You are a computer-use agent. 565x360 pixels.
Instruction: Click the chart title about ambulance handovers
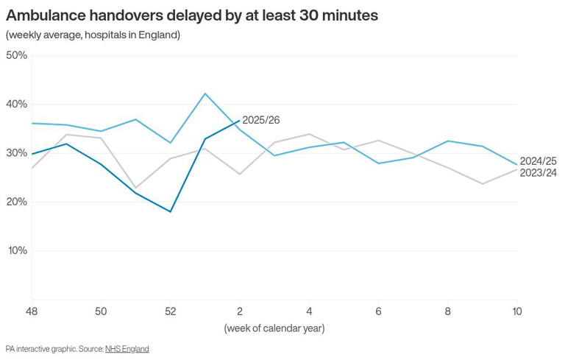(x=191, y=15)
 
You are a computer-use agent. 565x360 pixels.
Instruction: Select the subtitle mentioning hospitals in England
(x=93, y=35)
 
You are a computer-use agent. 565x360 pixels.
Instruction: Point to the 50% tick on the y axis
(x=16, y=55)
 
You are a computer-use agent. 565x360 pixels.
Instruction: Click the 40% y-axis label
(x=16, y=104)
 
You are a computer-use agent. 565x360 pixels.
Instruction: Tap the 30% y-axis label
(x=16, y=153)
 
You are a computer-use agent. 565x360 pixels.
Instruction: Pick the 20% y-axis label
(x=16, y=202)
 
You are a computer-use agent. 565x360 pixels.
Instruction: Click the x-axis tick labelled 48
(x=32, y=311)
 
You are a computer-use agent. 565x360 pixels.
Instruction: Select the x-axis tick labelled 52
(x=171, y=311)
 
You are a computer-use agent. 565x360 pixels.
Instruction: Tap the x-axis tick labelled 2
(x=240, y=311)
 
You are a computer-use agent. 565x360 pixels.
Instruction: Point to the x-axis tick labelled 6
(x=379, y=311)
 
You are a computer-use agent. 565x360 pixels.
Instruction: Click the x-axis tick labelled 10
(x=517, y=311)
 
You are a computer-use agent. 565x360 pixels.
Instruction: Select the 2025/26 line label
(x=261, y=120)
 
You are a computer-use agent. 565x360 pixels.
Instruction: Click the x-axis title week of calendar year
(x=274, y=328)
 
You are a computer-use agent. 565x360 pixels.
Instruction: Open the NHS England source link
(x=127, y=348)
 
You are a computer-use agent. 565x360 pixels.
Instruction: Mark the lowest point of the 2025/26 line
(x=171, y=211)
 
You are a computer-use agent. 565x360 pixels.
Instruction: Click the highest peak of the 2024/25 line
(x=205, y=93)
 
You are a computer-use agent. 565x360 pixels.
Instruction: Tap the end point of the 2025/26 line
(x=240, y=121)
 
